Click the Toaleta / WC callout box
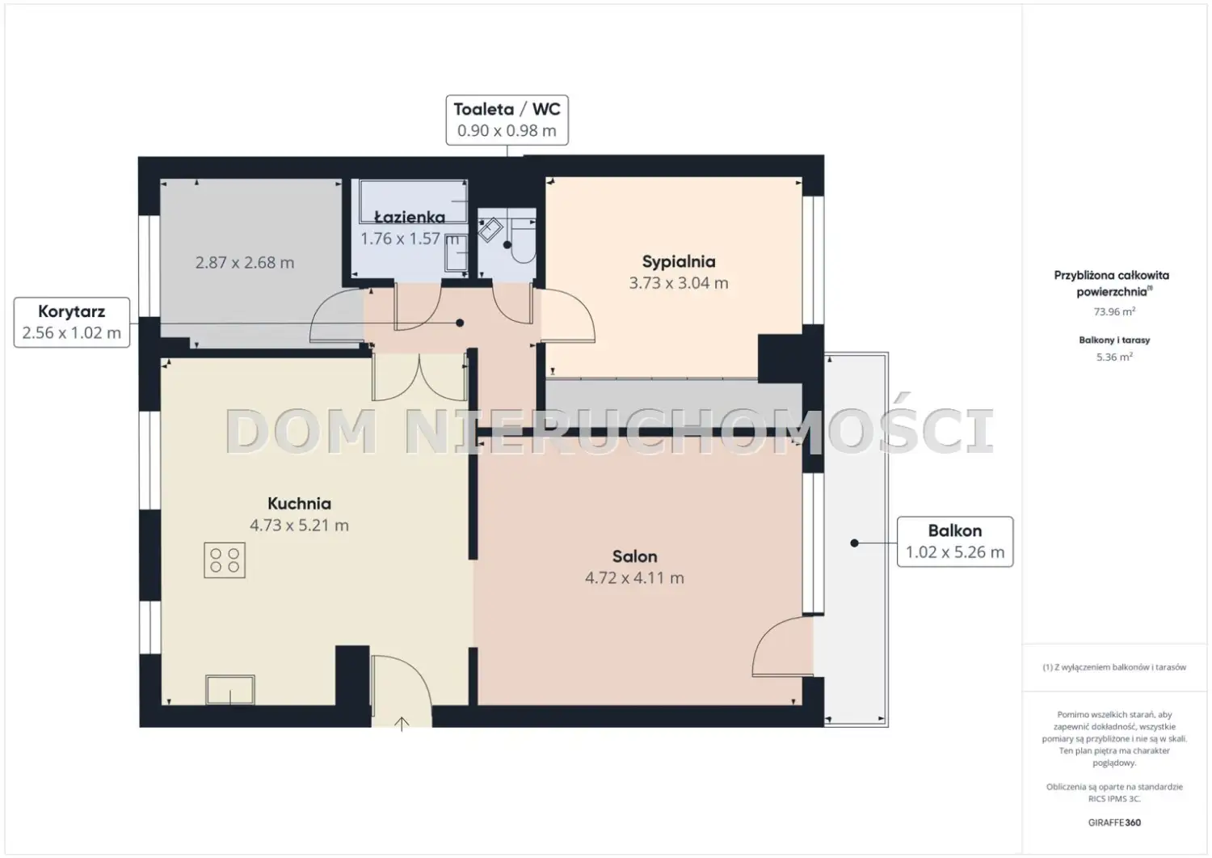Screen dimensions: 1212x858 click(x=507, y=120)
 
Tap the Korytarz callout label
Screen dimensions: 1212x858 click(x=71, y=323)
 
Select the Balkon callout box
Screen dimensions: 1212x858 click(x=955, y=542)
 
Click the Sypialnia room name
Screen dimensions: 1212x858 click(x=679, y=262)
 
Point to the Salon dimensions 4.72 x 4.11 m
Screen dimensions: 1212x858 click(x=634, y=578)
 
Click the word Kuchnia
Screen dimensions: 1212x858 click(x=299, y=504)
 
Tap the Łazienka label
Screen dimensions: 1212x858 click(x=410, y=218)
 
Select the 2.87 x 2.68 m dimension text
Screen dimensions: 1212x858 click(x=245, y=263)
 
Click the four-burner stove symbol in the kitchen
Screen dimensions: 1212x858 click(x=225, y=560)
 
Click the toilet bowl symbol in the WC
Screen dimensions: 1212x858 click(x=523, y=242)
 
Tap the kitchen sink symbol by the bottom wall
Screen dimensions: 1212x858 click(x=230, y=690)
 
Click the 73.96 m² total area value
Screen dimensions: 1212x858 click(x=1114, y=311)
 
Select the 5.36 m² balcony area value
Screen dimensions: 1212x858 click(x=1114, y=357)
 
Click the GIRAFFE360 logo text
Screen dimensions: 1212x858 click(x=1114, y=822)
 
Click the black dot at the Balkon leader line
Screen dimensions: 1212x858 click(x=854, y=543)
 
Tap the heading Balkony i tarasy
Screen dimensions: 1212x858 click(x=1114, y=340)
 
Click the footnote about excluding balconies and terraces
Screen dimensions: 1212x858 click(x=1114, y=667)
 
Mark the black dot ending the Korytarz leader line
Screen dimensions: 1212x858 click(x=460, y=323)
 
